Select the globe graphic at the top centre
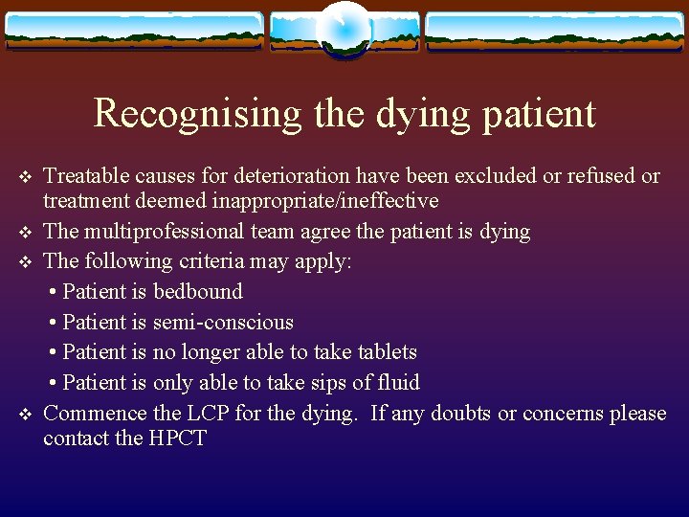pyautogui.click(x=344, y=30)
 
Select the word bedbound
pyautogui.click(x=198, y=292)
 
